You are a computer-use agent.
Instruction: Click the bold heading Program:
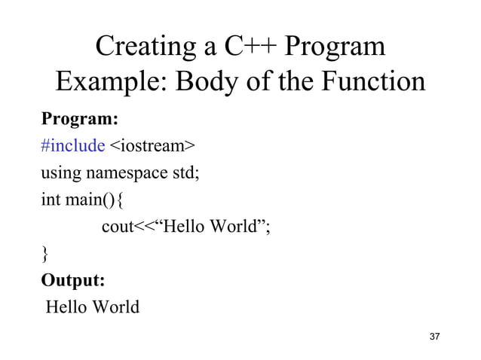pos(79,120)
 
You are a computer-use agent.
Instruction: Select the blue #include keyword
pos(72,145)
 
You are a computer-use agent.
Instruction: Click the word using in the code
pos(61,173)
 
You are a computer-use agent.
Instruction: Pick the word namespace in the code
pos(127,174)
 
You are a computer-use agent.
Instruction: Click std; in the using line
pos(185,172)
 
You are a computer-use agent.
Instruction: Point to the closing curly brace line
pos(45,254)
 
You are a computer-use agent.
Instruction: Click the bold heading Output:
pos(73,280)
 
